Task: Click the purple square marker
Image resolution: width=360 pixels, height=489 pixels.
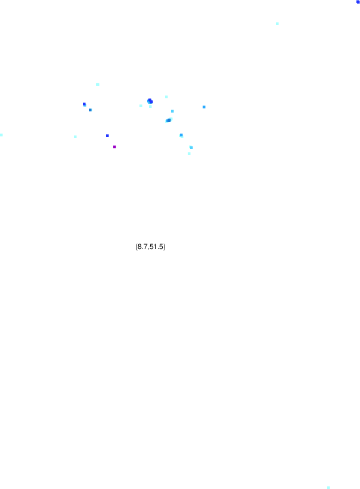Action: tap(114, 147)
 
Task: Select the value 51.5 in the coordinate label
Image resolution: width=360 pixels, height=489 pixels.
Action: tap(156, 247)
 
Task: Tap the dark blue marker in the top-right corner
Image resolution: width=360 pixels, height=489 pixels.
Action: tap(358, 2)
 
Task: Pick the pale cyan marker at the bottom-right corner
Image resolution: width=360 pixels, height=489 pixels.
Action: tap(328, 487)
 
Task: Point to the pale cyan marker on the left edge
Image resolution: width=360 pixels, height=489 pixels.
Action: tap(1, 135)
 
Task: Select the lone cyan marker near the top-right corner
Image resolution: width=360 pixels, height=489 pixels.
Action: tap(277, 24)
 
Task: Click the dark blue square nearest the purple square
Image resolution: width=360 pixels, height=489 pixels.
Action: tap(107, 136)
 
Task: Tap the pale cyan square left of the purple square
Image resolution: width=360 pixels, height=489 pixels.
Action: tap(75, 137)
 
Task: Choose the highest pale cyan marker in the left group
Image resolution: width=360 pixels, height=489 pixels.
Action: tap(98, 84)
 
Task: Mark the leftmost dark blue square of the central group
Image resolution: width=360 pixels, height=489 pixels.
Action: tap(84, 104)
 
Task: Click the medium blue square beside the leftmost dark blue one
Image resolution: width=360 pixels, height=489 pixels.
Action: tap(90, 110)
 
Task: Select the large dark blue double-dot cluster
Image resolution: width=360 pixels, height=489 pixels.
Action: tap(150, 101)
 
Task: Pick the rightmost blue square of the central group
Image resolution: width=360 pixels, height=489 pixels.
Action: tap(204, 107)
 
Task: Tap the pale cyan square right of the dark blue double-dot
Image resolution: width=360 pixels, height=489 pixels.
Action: tap(166, 97)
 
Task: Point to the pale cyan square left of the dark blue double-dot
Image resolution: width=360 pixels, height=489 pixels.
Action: tap(141, 105)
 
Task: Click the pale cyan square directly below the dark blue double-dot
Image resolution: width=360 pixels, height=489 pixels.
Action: tap(150, 107)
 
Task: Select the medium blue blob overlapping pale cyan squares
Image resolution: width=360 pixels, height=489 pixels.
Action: tap(169, 120)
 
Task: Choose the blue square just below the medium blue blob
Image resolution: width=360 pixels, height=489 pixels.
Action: tap(181, 135)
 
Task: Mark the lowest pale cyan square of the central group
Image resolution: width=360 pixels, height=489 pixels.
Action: tap(189, 154)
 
